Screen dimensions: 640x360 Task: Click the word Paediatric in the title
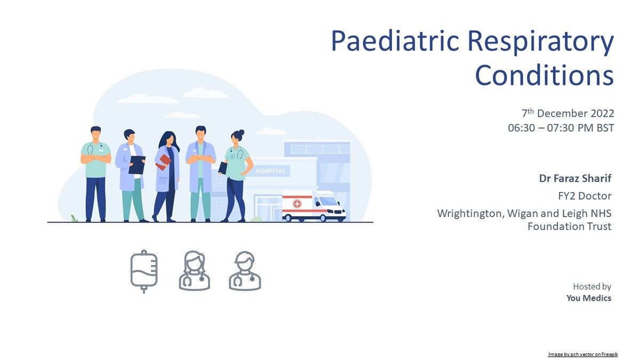tap(395, 41)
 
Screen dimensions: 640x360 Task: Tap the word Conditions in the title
tap(545, 75)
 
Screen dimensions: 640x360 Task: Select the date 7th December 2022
tap(567, 114)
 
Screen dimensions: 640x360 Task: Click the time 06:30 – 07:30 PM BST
tap(561, 128)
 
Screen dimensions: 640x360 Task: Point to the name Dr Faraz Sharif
tap(575, 178)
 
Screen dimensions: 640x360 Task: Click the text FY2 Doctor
tap(585, 196)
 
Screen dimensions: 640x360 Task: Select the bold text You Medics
tap(589, 298)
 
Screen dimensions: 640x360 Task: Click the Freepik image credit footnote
tap(583, 355)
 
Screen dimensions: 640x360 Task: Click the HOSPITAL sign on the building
tap(270, 171)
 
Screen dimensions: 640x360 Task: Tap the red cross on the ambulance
tap(297, 204)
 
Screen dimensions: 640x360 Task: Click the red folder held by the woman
tap(163, 162)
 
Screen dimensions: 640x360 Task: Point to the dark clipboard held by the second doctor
tap(137, 165)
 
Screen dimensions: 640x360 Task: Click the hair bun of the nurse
tap(242, 132)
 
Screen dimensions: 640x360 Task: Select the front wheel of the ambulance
tap(323, 218)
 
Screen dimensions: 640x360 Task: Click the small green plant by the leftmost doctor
tap(74, 218)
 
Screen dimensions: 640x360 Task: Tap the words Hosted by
tap(592, 286)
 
